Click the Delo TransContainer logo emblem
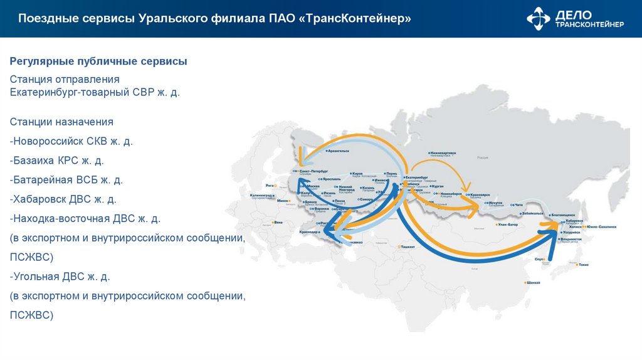pyautogui.click(x=539, y=18)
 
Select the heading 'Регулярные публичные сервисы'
pyautogui.click(x=98, y=61)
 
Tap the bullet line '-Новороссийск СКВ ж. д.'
pyautogui.click(x=71, y=141)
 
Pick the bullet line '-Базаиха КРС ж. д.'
pyautogui.click(x=57, y=161)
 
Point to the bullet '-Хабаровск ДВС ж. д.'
pyautogui.click(x=63, y=199)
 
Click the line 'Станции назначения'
pyautogui.click(x=61, y=122)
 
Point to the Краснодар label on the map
pyautogui.click(x=309, y=232)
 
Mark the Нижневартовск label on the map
pyautogui.click(x=443, y=152)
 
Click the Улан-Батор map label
pyautogui.click(x=507, y=224)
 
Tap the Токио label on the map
pyautogui.click(x=584, y=265)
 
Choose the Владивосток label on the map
pyautogui.click(x=572, y=239)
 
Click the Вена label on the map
pyautogui.click(x=278, y=222)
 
